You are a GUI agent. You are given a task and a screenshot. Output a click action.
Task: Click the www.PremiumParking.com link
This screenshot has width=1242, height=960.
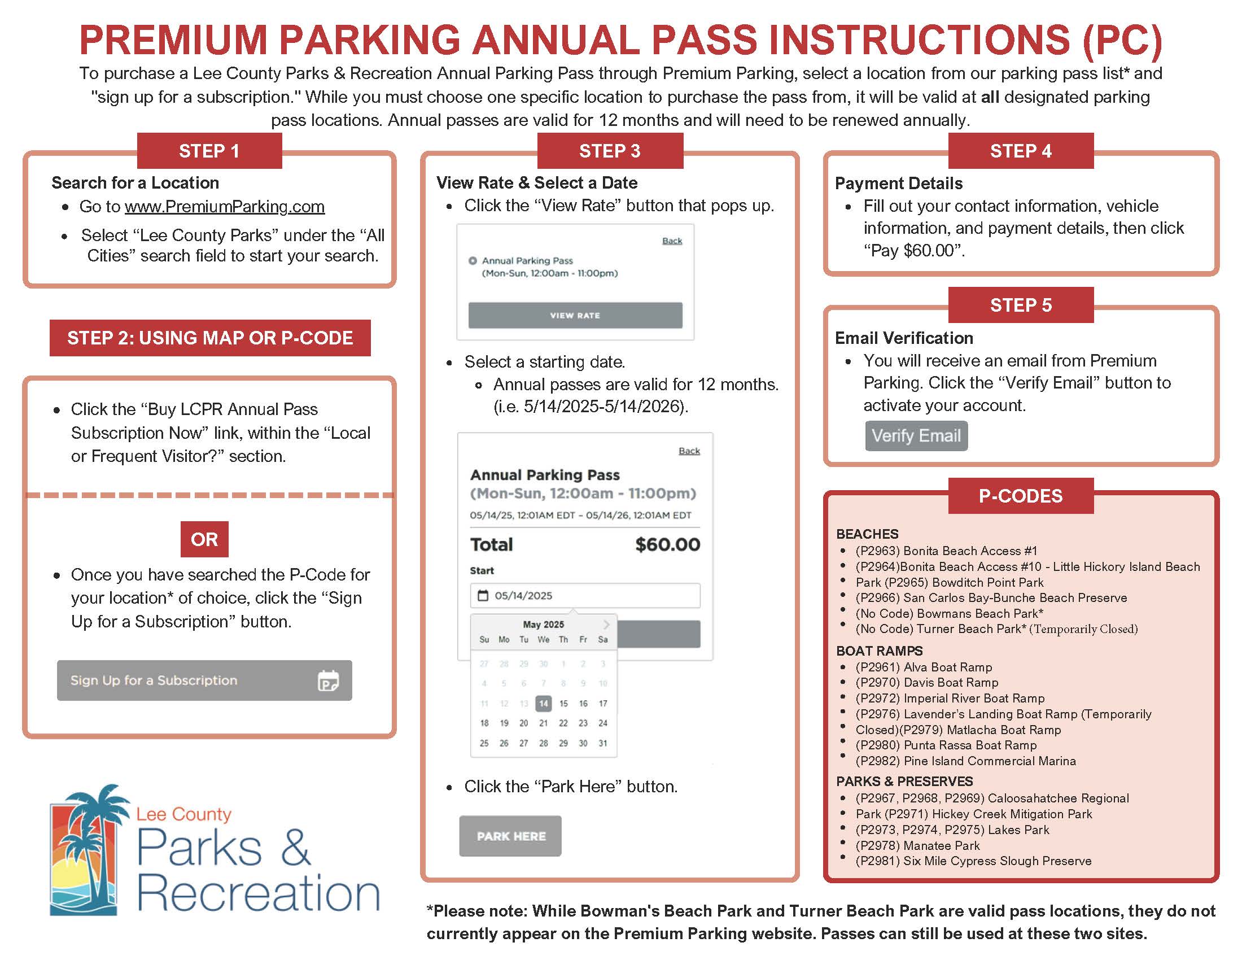(x=225, y=207)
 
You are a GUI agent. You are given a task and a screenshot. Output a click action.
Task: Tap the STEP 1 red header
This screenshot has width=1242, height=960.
(x=209, y=151)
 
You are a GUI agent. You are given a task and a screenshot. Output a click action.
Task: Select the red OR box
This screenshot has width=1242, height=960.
(x=204, y=539)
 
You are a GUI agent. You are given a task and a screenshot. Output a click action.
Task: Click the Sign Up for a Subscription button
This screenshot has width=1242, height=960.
(x=204, y=680)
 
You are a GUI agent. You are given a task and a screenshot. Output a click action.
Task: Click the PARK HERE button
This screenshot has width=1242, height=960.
(x=510, y=836)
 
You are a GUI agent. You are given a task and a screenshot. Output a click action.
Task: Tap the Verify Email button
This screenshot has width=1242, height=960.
(x=916, y=435)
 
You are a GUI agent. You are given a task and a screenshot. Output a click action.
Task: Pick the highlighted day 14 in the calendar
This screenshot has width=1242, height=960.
(x=543, y=704)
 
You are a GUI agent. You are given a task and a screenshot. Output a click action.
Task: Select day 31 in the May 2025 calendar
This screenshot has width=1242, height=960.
(x=603, y=743)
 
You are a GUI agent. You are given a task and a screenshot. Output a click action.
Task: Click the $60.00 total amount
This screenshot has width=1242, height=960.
(x=667, y=544)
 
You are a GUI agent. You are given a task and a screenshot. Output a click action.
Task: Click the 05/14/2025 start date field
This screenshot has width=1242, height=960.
(x=585, y=595)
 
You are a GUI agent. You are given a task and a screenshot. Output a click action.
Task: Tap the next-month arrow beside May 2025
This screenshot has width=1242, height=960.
(x=606, y=625)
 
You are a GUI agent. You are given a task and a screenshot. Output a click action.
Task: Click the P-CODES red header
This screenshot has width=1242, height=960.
(x=1020, y=496)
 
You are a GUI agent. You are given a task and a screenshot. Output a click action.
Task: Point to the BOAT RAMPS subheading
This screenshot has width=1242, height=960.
(x=879, y=651)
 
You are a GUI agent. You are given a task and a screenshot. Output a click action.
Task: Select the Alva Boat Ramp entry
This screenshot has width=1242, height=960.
(x=924, y=667)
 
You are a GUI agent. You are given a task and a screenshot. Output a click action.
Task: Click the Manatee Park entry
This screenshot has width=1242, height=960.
(x=917, y=846)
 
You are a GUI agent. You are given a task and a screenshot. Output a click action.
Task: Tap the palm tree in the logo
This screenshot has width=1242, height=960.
(x=97, y=830)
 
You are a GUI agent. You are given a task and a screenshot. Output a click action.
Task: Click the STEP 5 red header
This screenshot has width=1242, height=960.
(x=1020, y=305)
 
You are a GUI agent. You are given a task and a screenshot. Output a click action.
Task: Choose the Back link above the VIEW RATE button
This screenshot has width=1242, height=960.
(x=672, y=241)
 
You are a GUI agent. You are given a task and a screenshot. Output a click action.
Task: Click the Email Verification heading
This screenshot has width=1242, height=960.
(x=904, y=338)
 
